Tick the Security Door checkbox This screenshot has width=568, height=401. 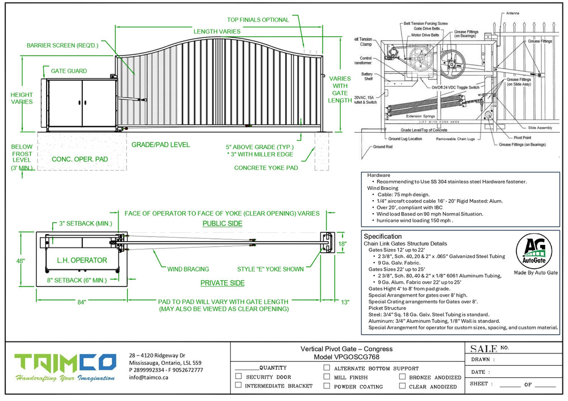tap(239, 377)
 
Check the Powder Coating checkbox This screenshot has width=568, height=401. tap(327, 386)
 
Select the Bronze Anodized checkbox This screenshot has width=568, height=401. tap(402, 377)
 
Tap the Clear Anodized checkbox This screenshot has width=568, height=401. tap(402, 386)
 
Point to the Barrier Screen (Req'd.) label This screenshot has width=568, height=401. tap(62, 45)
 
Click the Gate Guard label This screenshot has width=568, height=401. tap(69, 71)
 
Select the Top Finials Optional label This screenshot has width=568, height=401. tap(258, 20)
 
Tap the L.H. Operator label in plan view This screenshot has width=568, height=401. tap(82, 260)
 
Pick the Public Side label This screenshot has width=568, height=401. tap(223, 223)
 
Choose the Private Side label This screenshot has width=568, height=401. tap(223, 283)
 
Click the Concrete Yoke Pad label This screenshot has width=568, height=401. tap(266, 167)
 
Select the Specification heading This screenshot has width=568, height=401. tap(383, 236)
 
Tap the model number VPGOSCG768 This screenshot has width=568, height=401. tap(346, 357)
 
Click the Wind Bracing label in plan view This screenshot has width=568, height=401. tap(188, 269)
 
